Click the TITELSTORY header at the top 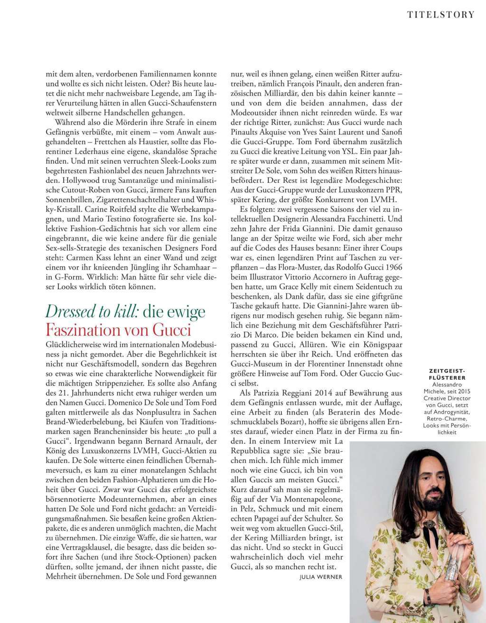pyautogui.click(x=441, y=14)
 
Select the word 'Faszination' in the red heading pyautogui.click(x=75, y=329)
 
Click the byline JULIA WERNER pyautogui.click(x=321, y=577)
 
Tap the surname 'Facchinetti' pyautogui.click(x=364, y=218)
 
